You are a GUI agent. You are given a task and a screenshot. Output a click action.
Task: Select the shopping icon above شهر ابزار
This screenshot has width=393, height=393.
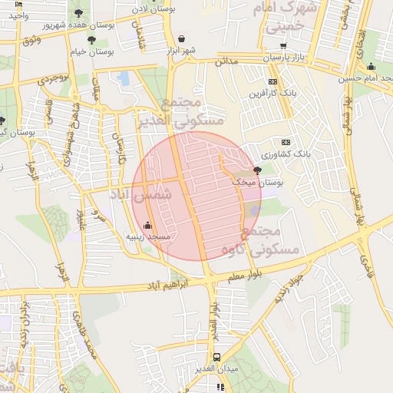[x=181, y=38]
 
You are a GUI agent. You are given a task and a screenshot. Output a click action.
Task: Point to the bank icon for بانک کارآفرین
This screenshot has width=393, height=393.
[x=273, y=81]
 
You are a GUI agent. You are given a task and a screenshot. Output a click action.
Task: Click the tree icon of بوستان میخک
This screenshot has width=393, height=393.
[x=256, y=170]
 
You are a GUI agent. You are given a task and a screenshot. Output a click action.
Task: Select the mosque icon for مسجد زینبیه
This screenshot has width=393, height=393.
[x=148, y=226]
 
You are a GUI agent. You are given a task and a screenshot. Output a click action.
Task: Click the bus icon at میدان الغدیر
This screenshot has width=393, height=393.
[x=217, y=357]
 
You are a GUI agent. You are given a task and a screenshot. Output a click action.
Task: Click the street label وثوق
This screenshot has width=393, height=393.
[x=32, y=38]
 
